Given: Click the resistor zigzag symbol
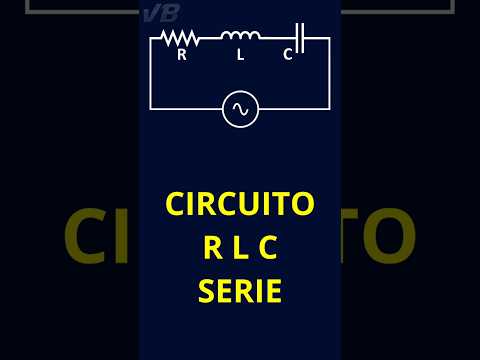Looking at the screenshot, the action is click(x=180, y=38).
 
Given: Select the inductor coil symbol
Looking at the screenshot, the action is click(x=240, y=37).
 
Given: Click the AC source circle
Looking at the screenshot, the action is click(x=240, y=109).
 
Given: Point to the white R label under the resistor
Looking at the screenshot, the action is click(x=181, y=55).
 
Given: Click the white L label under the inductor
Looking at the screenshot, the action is click(x=240, y=55).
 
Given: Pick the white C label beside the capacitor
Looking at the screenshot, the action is click(x=288, y=55).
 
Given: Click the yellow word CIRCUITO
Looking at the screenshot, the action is click(x=240, y=204).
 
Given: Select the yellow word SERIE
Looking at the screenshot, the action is click(x=240, y=292).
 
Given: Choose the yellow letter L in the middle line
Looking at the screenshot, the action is click(x=240, y=248).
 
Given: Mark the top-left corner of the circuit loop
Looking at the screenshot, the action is click(x=151, y=38).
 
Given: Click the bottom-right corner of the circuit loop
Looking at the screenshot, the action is click(x=329, y=108).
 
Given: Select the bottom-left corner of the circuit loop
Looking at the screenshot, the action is click(x=151, y=108).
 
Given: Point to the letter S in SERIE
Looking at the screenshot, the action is click(x=209, y=292).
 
